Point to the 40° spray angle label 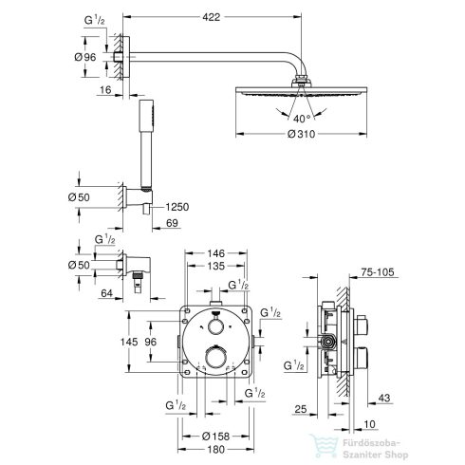click(302, 117)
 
